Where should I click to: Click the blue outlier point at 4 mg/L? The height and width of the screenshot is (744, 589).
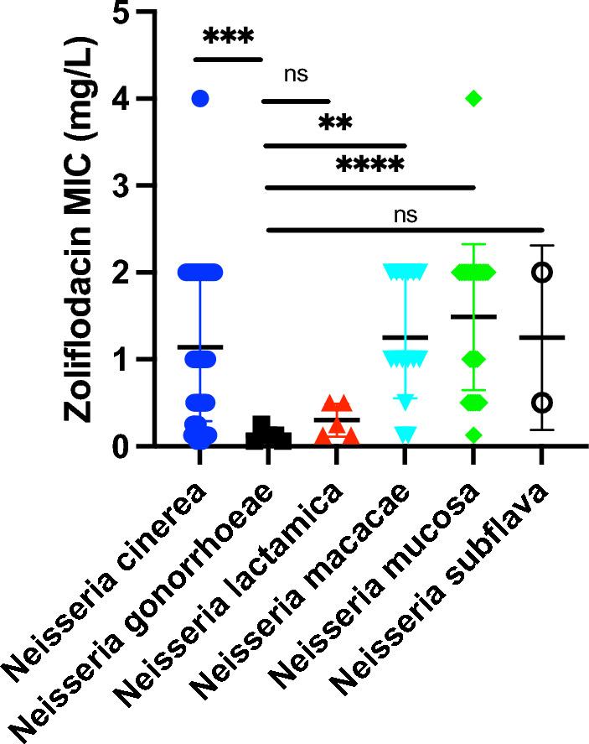(199, 99)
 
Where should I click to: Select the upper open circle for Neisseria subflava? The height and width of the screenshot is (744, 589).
(543, 272)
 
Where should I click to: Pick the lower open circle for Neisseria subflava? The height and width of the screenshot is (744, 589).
(543, 402)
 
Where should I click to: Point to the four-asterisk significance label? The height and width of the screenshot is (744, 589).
(369, 164)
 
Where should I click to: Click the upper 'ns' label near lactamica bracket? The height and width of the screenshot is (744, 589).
(296, 75)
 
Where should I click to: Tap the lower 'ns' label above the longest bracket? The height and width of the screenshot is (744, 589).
(405, 214)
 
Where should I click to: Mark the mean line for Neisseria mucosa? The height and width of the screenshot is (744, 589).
(473, 317)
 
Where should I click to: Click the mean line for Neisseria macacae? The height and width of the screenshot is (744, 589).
(405, 337)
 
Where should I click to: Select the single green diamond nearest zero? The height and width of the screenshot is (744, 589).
(473, 434)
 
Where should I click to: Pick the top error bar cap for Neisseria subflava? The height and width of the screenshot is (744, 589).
(543, 246)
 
